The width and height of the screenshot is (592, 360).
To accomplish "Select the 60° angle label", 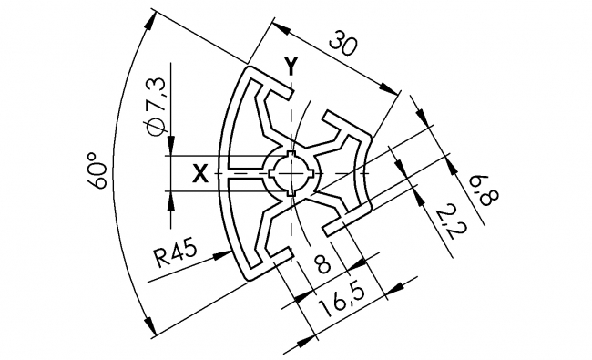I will point(98,170).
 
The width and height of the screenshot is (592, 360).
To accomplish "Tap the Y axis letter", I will point(291,66).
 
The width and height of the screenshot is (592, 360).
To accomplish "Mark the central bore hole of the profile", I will point(291,172).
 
